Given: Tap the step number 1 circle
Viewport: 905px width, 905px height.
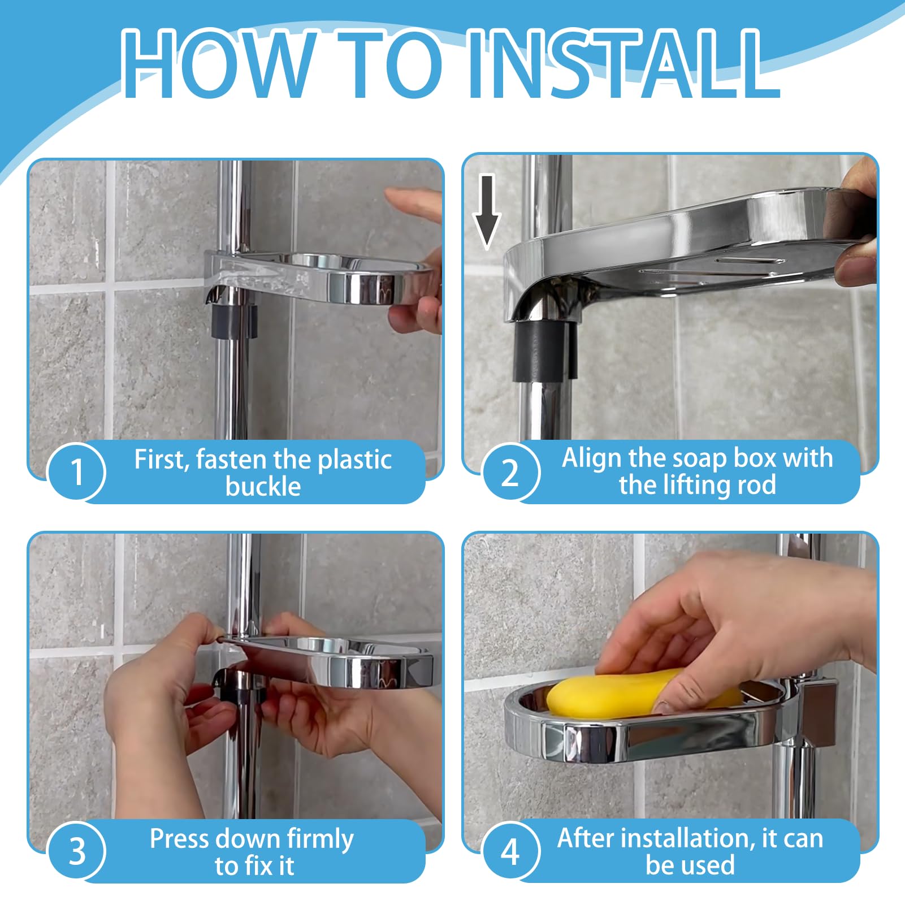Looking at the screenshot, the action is [77, 472].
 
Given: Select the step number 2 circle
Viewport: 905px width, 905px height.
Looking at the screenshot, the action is [510, 472].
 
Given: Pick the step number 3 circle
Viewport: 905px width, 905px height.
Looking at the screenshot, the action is [77, 851].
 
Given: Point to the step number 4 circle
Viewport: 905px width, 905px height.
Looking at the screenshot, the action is [510, 851].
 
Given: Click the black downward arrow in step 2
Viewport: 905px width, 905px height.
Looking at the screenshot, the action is [487, 212].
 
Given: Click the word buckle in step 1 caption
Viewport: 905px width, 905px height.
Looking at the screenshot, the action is [263, 487].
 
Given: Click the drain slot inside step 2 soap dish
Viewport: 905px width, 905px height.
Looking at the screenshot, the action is [749, 261].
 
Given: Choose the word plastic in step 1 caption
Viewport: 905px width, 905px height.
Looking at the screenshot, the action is [354, 460].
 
